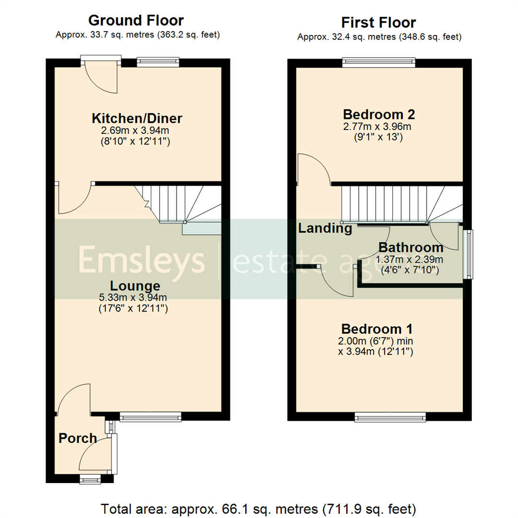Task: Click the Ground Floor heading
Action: click(x=136, y=21)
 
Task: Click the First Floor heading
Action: click(x=378, y=23)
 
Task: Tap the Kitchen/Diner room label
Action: click(x=137, y=118)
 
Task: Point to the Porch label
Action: click(x=78, y=438)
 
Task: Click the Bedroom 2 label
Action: click(x=378, y=115)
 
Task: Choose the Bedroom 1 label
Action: click(x=377, y=329)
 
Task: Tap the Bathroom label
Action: click(x=411, y=247)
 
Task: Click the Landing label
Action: click(x=325, y=228)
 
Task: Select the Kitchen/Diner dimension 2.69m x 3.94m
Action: click(x=137, y=130)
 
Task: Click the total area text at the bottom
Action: click(x=259, y=508)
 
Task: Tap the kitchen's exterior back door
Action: click(x=101, y=76)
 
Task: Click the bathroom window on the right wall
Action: click(x=467, y=255)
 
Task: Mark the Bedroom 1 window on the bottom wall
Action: click(x=390, y=417)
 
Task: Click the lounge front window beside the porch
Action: click(x=150, y=417)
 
